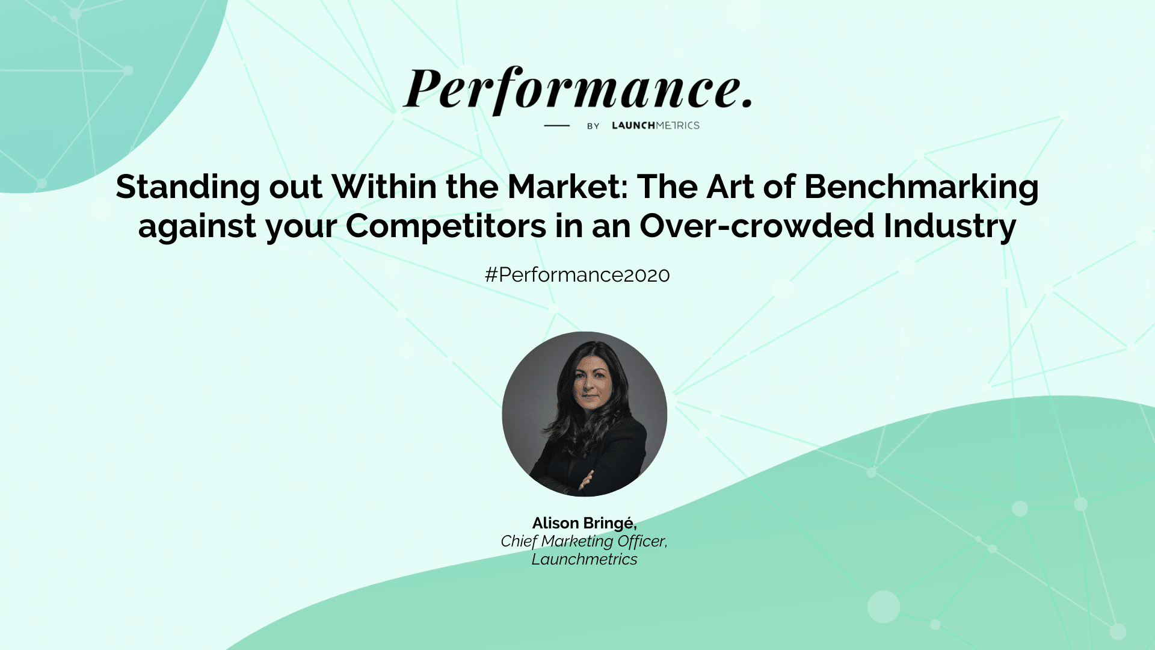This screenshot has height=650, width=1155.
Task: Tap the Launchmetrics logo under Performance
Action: point(656,125)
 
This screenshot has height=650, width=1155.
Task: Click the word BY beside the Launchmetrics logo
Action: point(593,126)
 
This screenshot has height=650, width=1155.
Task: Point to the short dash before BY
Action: point(556,125)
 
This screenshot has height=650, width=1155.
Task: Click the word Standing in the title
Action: point(188,187)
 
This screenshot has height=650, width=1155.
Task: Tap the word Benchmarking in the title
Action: point(921,187)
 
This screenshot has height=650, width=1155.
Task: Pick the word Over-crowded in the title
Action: point(757,226)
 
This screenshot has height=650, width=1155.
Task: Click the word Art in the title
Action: point(730,187)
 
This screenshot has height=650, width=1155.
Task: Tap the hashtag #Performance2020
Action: point(577,274)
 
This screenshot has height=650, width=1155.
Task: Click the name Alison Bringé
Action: point(584,524)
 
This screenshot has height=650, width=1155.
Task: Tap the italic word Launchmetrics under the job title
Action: point(584,559)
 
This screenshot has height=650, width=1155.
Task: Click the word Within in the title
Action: point(384,187)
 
